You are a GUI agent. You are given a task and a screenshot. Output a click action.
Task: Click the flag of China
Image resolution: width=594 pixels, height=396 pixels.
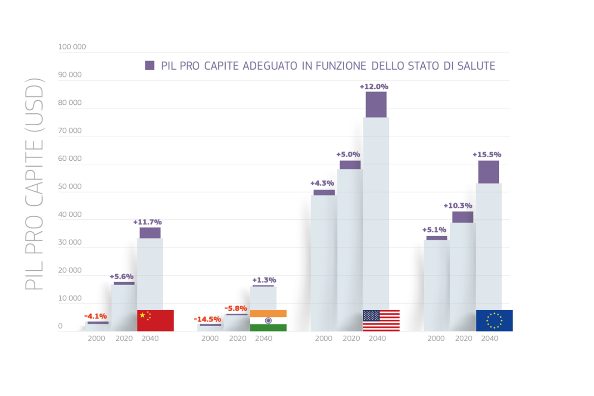coord(155,321)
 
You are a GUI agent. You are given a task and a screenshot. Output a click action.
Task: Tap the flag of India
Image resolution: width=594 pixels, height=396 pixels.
coord(268,321)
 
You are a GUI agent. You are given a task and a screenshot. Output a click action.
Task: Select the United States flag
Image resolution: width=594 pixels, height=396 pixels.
coord(381,321)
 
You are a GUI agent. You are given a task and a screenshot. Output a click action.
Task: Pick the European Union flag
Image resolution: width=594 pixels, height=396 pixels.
coord(494,321)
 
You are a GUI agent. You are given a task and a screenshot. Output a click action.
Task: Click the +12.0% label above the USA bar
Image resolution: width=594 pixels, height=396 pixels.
coord(374,87)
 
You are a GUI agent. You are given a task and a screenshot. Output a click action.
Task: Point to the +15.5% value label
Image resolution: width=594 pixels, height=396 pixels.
coord(487,154)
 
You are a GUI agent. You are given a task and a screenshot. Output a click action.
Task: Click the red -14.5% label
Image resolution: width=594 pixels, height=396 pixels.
coord(207,319)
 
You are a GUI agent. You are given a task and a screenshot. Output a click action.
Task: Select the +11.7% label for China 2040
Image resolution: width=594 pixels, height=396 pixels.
coord(147,222)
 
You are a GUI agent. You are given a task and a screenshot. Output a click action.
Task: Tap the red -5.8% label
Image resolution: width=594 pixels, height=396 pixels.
coord(236,308)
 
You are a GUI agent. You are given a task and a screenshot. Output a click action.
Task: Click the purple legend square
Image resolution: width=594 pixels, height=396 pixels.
coord(149,65)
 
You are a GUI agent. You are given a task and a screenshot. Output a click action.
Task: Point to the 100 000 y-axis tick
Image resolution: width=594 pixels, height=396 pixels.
coord(72,47)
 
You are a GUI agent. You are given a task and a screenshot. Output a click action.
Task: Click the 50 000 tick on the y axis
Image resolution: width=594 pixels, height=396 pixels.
coord(70,186)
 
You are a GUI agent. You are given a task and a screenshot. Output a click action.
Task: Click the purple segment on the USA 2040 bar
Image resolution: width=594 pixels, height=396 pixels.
coord(376,105)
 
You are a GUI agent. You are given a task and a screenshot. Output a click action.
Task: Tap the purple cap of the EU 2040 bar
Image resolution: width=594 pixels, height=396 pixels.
coord(488,172)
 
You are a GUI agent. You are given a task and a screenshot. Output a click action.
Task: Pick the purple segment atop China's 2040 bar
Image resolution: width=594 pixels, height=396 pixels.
coord(150,233)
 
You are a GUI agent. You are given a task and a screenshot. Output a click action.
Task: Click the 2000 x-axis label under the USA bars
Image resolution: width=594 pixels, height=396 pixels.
coord(323,338)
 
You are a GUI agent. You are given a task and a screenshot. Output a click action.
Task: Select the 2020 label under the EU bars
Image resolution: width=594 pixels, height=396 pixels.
coord(463,338)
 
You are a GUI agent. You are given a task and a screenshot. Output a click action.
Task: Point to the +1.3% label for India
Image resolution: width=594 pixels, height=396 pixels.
coord(264,280)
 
